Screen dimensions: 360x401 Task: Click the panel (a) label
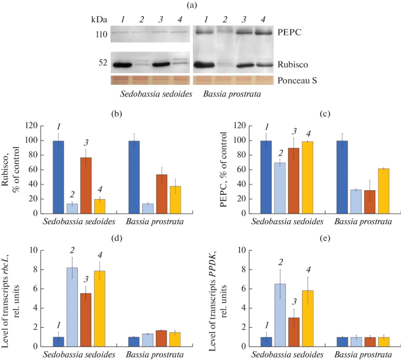point(199,5)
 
